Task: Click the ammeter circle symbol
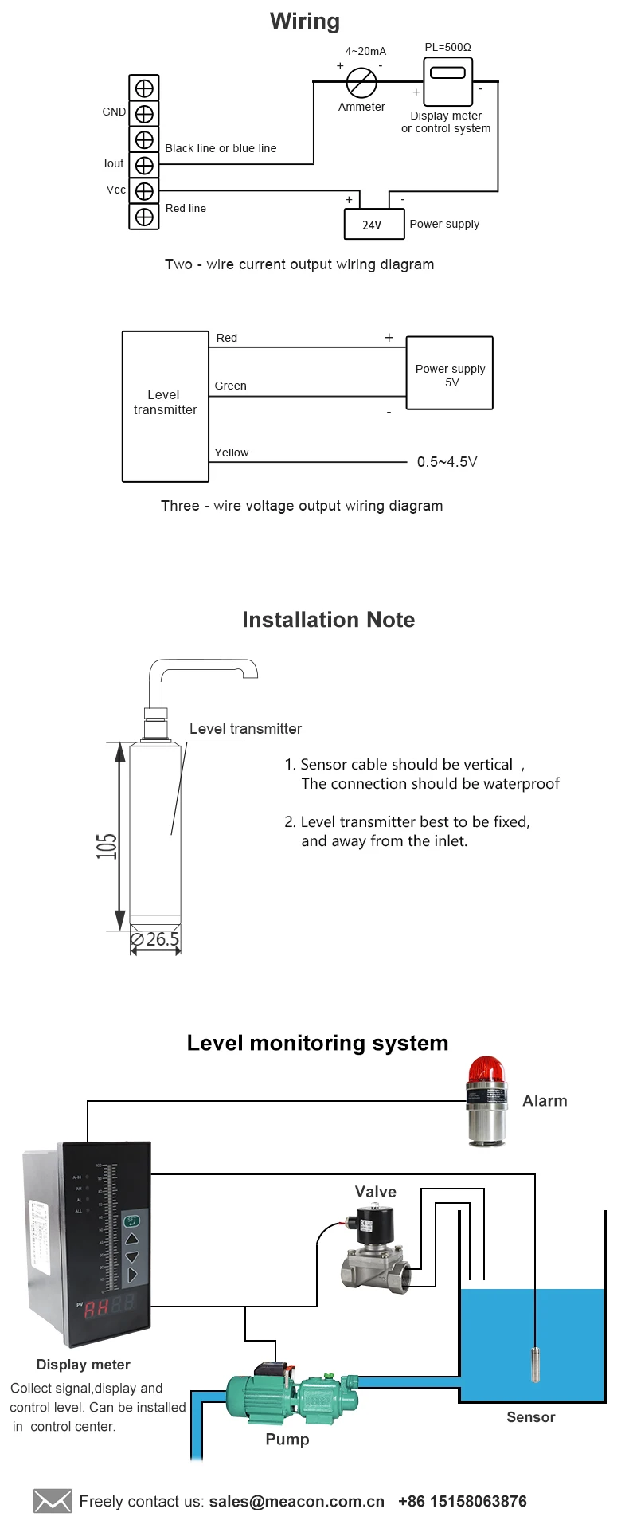pyautogui.click(x=361, y=82)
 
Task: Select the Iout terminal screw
pyautogui.click(x=144, y=165)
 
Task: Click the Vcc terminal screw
pyautogui.click(x=144, y=191)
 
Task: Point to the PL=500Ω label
pyautogui.click(x=447, y=47)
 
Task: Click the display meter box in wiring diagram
pyautogui.click(x=447, y=81)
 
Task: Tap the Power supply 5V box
pyautogui.click(x=450, y=373)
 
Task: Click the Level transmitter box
pyautogui.click(x=165, y=406)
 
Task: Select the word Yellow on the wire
pyautogui.click(x=231, y=453)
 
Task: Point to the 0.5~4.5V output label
pyautogui.click(x=447, y=462)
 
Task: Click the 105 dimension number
pyautogui.click(x=107, y=845)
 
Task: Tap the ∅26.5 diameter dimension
pyautogui.click(x=155, y=940)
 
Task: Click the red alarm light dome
pyautogui.click(x=486, y=1069)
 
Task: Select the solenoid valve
pyautogui.click(x=374, y=1249)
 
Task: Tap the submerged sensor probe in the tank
pyautogui.click(x=535, y=1363)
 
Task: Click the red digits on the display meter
pyautogui.click(x=97, y=1307)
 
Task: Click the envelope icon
pyautogui.click(x=53, y=1501)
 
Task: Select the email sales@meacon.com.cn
pyautogui.click(x=296, y=1501)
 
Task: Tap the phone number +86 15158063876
pyautogui.click(x=462, y=1501)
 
